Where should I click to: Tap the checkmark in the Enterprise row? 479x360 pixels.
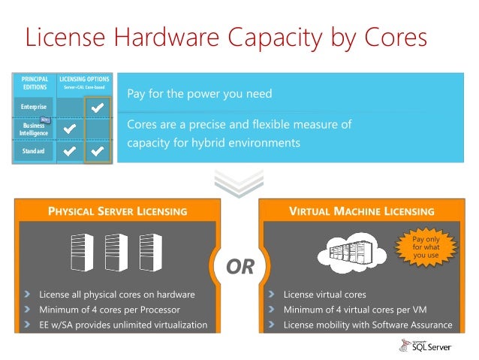[x=97, y=109]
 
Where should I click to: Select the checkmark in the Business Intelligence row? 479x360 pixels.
[x=70, y=129]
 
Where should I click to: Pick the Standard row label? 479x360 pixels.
[x=32, y=152]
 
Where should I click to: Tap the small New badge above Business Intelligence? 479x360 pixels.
[x=45, y=119]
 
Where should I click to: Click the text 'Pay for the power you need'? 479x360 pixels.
[x=199, y=95]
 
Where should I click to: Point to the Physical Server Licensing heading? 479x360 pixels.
[x=117, y=211]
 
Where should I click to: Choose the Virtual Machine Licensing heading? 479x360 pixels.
[x=362, y=211]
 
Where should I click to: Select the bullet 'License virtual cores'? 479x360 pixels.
[x=324, y=294]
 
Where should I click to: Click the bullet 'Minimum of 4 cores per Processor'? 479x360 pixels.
[x=110, y=309]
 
